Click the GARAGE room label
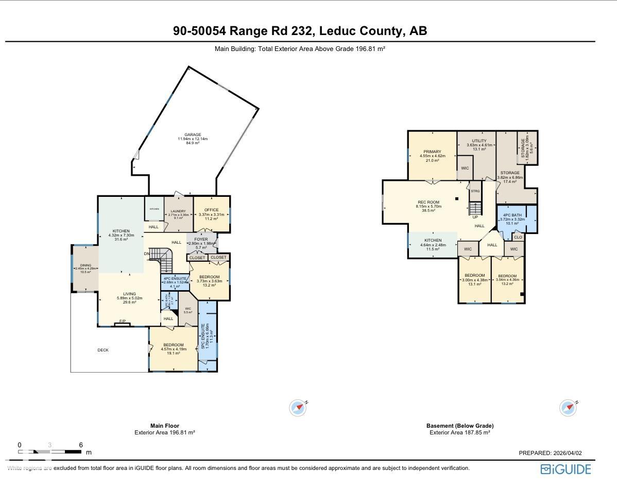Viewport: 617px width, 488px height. pyautogui.click(x=193, y=135)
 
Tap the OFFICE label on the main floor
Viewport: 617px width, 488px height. pyautogui.click(x=211, y=210)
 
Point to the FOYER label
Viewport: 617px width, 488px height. pyautogui.click(x=201, y=240)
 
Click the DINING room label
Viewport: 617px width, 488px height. pyautogui.click(x=85, y=265)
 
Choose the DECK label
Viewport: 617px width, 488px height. pyautogui.click(x=103, y=350)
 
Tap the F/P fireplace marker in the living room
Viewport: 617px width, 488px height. pyautogui.click(x=123, y=322)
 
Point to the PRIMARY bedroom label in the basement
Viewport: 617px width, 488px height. pyautogui.click(x=432, y=152)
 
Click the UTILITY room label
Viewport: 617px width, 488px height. pyautogui.click(x=479, y=141)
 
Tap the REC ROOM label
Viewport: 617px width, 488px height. pyautogui.click(x=429, y=202)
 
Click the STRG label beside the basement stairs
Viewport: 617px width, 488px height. pyautogui.click(x=475, y=191)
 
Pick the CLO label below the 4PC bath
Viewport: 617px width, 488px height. pyautogui.click(x=518, y=238)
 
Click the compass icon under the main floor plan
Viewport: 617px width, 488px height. pyautogui.click(x=298, y=408)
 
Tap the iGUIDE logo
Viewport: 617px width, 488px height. pyautogui.click(x=565, y=469)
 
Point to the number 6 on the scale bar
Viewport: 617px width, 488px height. pyautogui.click(x=81, y=445)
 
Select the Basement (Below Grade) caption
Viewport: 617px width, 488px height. pyautogui.click(x=459, y=426)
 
